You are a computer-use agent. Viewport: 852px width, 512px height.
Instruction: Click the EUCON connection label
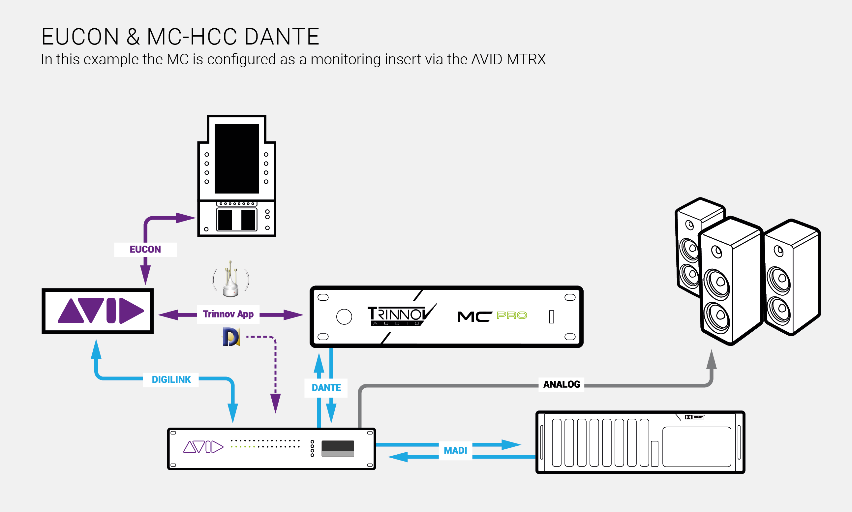(x=145, y=250)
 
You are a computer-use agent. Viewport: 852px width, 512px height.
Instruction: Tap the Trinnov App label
(x=228, y=314)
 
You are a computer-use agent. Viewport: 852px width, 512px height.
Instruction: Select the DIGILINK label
(x=171, y=379)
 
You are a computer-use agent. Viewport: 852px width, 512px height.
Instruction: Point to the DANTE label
(x=326, y=388)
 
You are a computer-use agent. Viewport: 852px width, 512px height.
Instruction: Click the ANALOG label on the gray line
(x=562, y=384)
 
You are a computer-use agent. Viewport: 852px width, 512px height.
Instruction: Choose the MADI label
(x=455, y=450)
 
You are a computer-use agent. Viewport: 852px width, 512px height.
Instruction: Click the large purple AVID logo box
(x=98, y=311)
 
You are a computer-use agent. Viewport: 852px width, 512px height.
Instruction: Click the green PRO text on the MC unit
(x=511, y=315)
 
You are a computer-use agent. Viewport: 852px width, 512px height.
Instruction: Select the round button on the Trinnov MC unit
(x=344, y=317)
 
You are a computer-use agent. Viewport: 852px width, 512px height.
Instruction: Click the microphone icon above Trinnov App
(x=231, y=280)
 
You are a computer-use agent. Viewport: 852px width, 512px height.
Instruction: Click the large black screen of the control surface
(x=237, y=159)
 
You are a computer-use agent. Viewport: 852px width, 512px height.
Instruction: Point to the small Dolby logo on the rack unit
(x=694, y=417)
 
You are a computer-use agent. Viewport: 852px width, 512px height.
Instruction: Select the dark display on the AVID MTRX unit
(x=338, y=448)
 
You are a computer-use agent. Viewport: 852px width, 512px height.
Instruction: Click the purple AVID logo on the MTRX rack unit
(x=203, y=447)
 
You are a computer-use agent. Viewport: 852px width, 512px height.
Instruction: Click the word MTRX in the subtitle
(x=526, y=59)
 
